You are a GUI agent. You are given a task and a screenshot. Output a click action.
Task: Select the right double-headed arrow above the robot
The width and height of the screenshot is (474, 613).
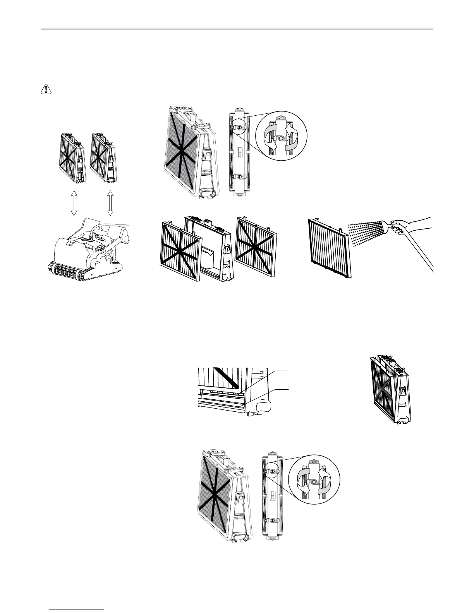tap(110, 203)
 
